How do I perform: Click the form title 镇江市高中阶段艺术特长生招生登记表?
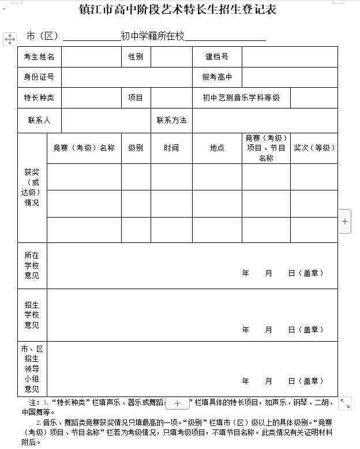(178, 10)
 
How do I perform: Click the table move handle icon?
(10, 39)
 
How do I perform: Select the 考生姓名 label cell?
(39, 57)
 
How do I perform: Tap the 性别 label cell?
(136, 57)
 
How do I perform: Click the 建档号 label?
(217, 57)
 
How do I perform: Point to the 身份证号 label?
(39, 77)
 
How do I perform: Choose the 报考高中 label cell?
(217, 77)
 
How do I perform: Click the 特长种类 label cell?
(39, 98)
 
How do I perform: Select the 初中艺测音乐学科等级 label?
(241, 98)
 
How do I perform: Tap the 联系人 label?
(39, 120)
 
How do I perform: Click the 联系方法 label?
(171, 120)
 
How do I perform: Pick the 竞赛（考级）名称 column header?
(84, 148)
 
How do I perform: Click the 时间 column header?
(171, 148)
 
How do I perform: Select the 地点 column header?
(217, 148)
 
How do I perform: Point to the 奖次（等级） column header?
(314, 148)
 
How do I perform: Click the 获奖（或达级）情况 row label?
(32, 188)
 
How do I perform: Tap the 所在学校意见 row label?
(32, 265)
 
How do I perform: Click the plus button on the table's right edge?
(345, 221)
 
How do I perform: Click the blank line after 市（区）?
(91, 38)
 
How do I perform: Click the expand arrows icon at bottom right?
(345, 403)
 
